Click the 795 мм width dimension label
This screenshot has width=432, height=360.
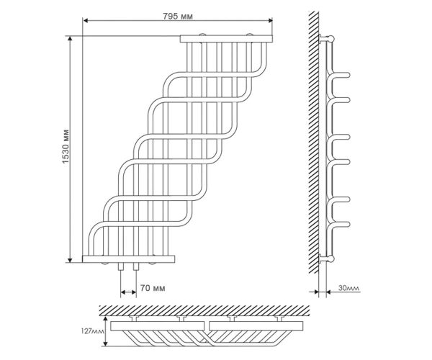[178, 17]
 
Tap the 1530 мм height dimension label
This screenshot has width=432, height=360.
[66, 146]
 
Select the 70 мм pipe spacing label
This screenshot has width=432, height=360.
[153, 288]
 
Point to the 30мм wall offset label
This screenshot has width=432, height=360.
[349, 288]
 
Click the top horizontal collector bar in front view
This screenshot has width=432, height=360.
[226, 39]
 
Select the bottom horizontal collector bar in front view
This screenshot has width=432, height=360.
[128, 259]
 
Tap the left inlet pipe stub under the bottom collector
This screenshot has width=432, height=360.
[121, 266]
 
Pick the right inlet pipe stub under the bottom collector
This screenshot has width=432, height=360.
[136, 266]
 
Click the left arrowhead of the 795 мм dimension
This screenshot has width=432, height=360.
[86, 20]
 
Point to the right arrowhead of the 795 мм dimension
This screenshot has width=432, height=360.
[270, 20]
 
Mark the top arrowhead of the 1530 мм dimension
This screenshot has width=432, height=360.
[70, 39]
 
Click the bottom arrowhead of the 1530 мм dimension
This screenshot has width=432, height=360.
[70, 260]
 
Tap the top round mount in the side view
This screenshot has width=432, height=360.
[330, 38]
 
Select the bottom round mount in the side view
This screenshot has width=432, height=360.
[330, 258]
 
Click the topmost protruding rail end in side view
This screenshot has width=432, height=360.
[348, 75]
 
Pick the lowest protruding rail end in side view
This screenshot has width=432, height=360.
[348, 225]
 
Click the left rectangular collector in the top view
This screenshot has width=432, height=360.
[157, 326]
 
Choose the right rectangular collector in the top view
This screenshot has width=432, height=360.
[256, 326]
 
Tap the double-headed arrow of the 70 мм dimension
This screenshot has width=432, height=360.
[128, 292]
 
